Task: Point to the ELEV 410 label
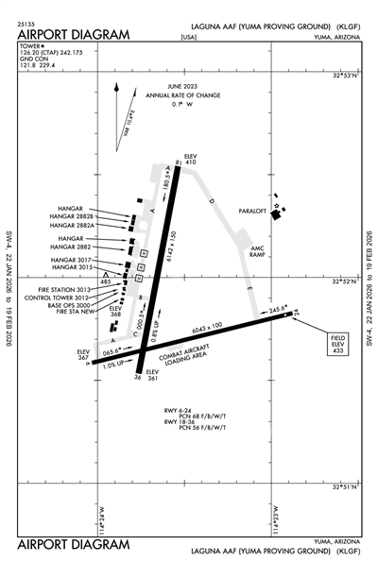[190, 158]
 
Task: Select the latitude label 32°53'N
[349, 73]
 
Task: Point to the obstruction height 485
[105, 281]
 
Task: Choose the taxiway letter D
[212, 201]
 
